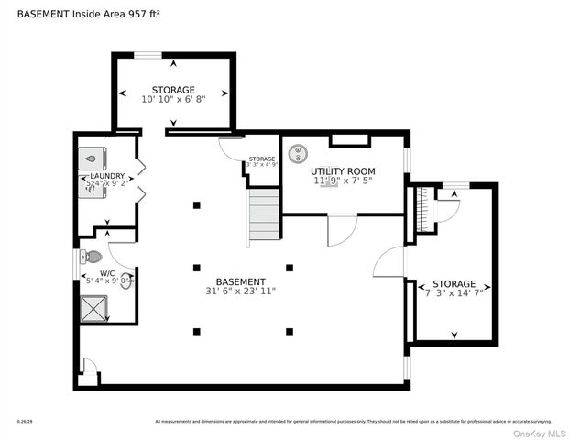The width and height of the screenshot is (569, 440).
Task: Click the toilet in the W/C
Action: click(93, 257)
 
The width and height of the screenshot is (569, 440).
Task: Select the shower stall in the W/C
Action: click(94, 310)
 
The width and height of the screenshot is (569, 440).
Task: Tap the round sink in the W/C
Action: click(126, 283)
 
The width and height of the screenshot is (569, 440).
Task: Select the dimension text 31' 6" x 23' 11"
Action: click(240, 291)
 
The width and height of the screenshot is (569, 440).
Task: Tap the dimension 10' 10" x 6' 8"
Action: click(173, 99)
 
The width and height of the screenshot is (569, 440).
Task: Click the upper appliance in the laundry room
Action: click(93, 158)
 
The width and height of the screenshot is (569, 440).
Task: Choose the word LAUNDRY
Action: click(107, 175)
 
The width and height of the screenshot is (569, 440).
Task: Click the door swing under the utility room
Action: click(341, 230)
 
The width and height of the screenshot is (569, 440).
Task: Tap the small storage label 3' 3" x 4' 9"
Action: click(261, 165)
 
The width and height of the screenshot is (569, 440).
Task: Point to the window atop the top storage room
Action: click(149, 54)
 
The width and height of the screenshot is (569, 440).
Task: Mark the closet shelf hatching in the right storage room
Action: click(422, 211)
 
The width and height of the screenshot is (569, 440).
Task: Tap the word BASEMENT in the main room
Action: click(240, 281)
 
